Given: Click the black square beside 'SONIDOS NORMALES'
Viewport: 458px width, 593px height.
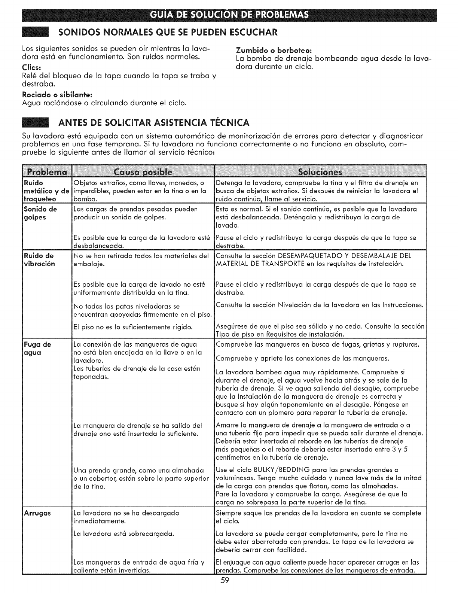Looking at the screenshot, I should [36, 32].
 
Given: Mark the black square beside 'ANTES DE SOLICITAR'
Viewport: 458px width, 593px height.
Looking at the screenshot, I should [36, 123].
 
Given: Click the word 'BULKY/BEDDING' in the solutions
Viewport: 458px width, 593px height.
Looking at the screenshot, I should [272, 470].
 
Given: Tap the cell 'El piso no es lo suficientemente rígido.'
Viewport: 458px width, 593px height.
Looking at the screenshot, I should [133, 327].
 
